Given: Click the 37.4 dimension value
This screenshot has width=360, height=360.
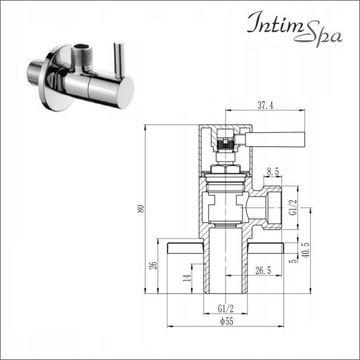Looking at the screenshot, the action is pos(266,106).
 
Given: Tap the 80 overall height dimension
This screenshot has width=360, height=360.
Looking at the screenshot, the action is pos(140,209).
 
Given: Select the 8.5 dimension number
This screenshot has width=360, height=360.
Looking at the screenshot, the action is pos(273,172).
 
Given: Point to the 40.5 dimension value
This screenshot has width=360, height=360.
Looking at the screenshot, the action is pos(305,249).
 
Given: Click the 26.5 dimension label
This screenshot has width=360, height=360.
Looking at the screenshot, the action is pos(262,270).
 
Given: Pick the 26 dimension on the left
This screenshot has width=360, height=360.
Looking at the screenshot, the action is pos(152,265).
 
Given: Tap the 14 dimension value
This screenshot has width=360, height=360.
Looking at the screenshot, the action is pos(187,276).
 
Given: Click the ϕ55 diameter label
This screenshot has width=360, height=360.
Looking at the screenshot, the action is pos(226,321).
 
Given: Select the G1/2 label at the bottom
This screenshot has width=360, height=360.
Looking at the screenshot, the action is pos(226,309).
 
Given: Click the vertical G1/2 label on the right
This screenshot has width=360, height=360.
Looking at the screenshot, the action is pos(292,208).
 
